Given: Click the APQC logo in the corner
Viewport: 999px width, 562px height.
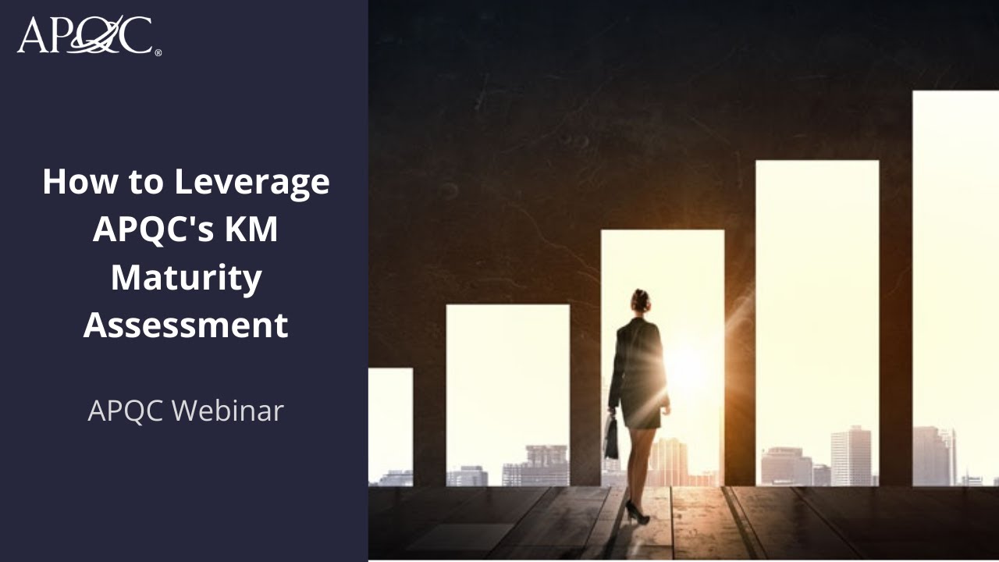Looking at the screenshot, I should click(84, 36).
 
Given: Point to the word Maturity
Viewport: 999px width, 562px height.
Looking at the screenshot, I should click(186, 279).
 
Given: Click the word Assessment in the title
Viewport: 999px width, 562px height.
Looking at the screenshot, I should click(186, 325).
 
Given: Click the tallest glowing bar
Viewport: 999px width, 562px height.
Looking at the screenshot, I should click(955, 258).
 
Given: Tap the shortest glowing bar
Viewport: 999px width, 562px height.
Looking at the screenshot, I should click(389, 421).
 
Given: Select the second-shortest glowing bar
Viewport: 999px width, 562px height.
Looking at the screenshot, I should click(507, 382).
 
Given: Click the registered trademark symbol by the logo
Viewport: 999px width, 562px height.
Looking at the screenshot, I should click(158, 53).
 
